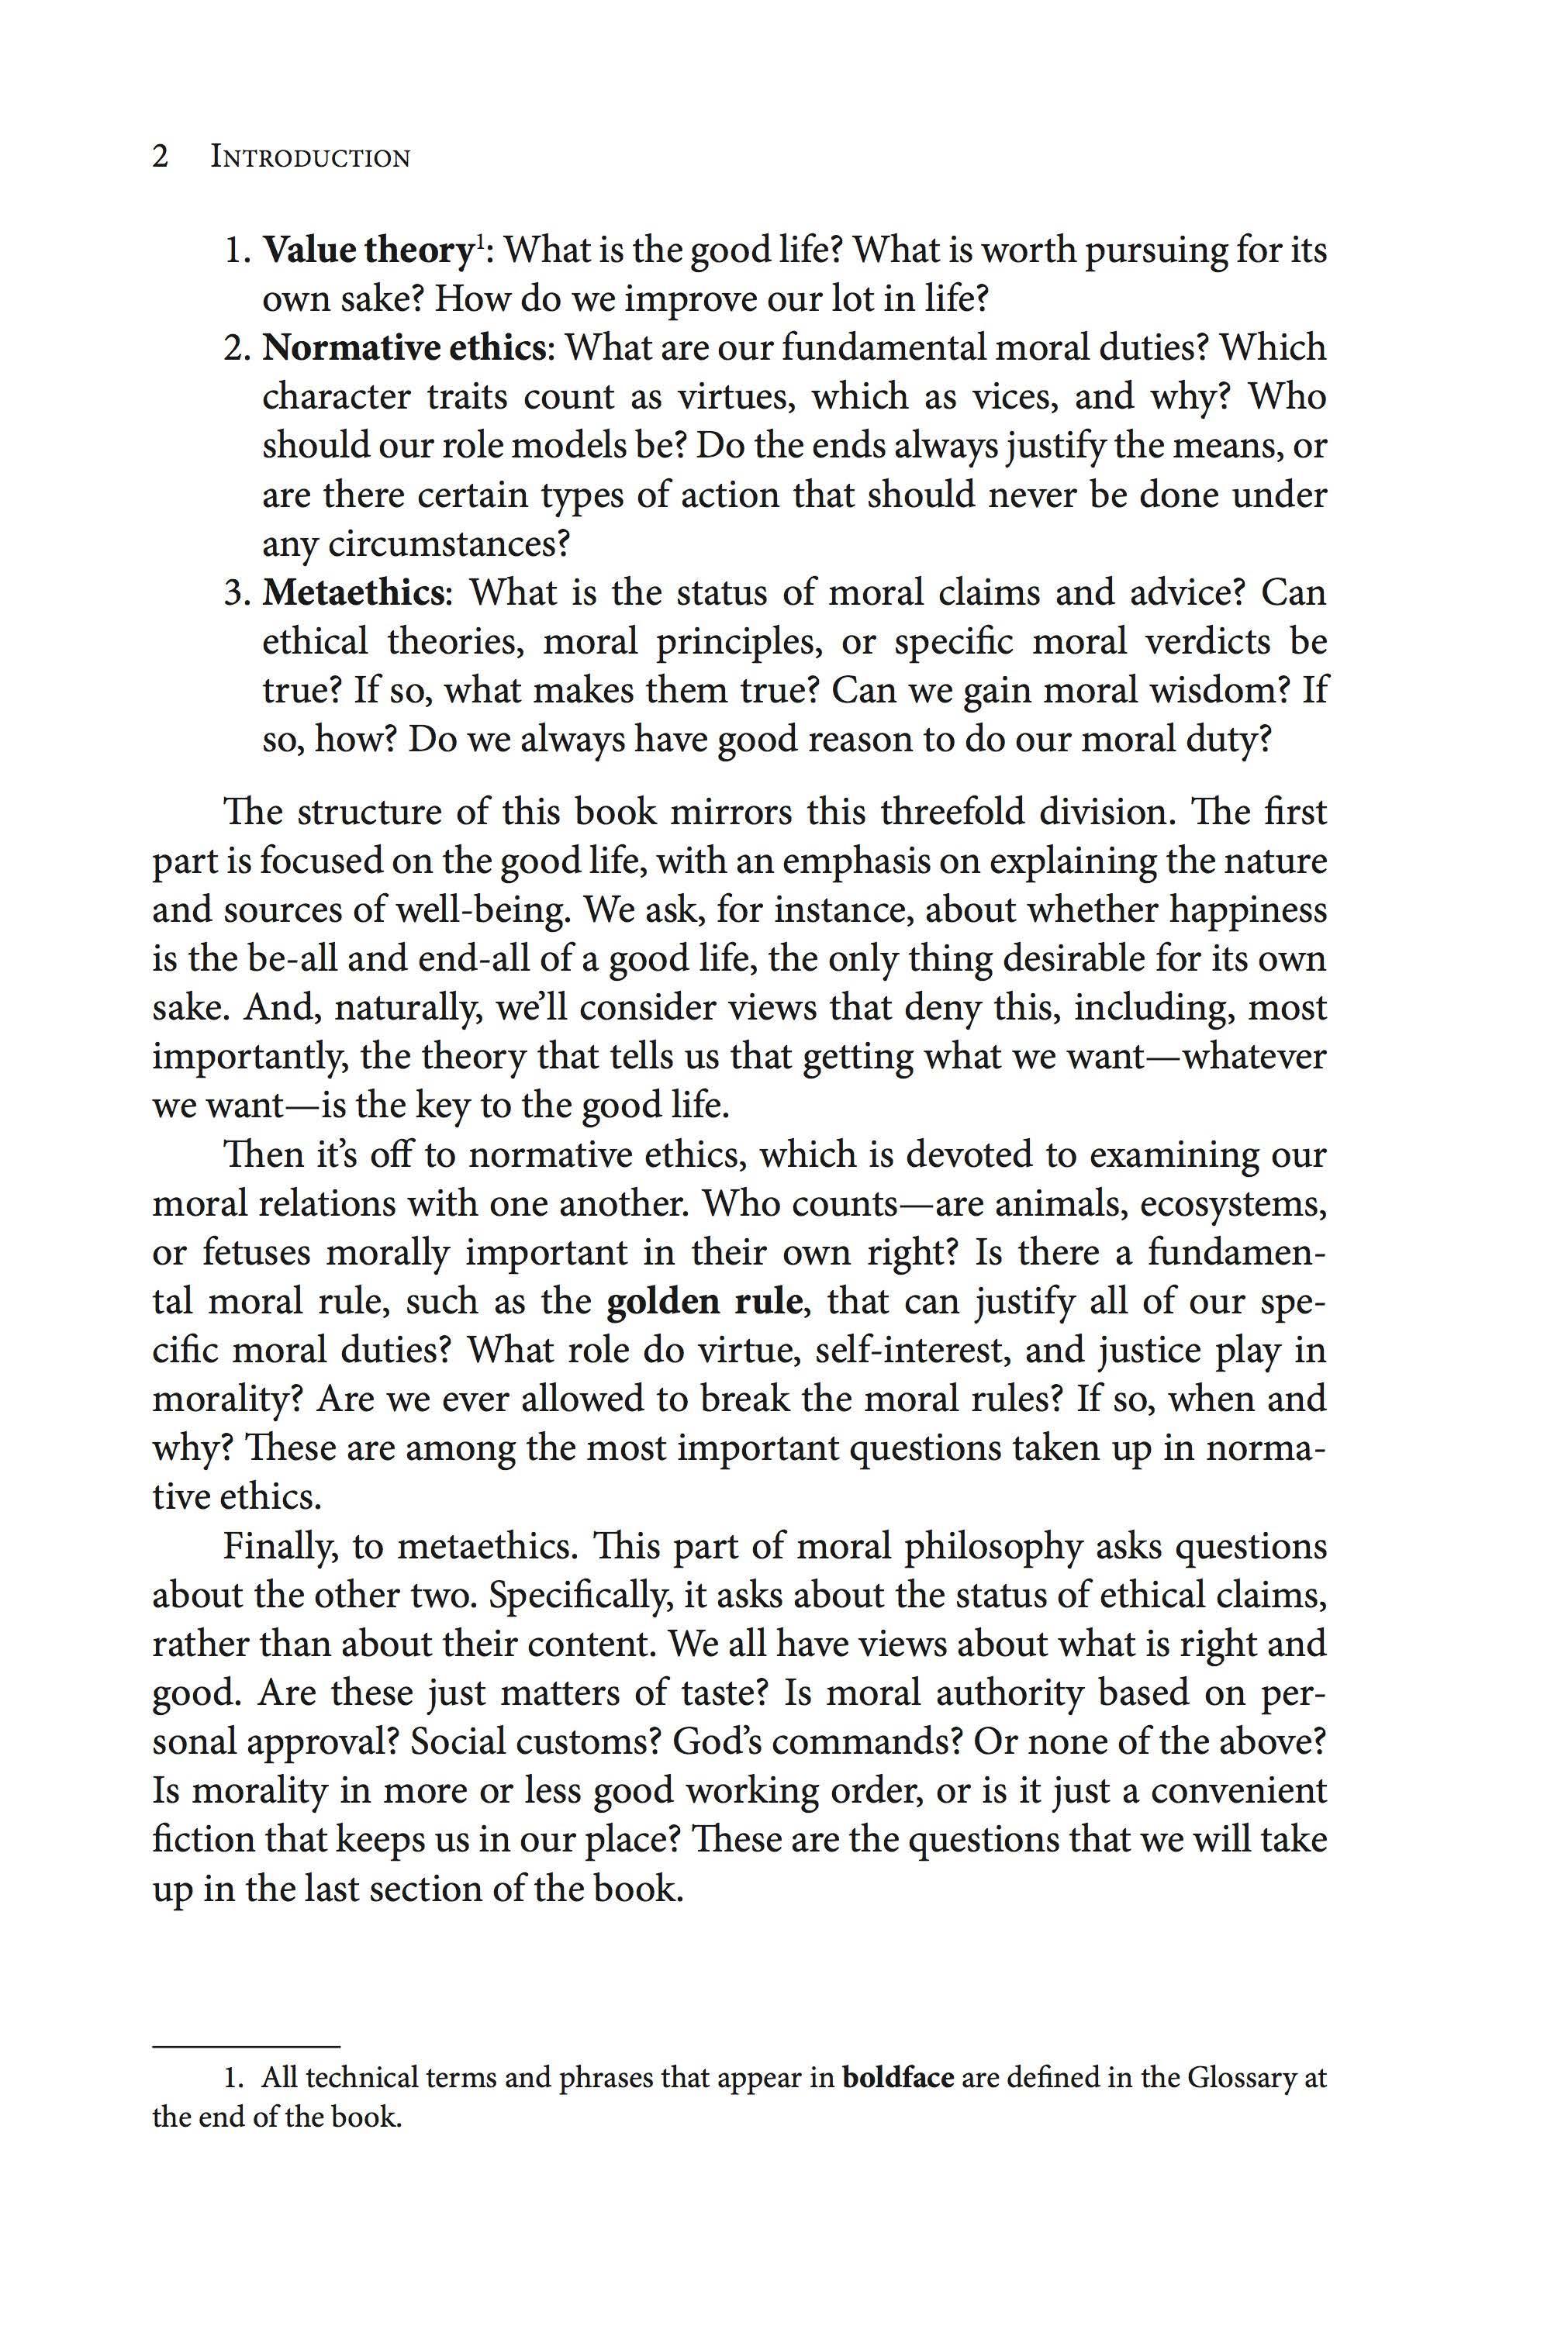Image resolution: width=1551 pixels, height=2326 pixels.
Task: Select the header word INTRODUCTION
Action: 309,158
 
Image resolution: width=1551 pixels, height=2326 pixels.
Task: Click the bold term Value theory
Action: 367,251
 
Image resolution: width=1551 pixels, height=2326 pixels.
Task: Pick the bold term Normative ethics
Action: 403,348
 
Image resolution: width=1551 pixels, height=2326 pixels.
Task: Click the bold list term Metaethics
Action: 351,592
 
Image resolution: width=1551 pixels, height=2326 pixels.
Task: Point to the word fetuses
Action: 252,1253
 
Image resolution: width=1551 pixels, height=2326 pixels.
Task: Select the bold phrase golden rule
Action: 703,1302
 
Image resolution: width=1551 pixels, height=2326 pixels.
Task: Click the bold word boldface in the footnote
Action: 898,2078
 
